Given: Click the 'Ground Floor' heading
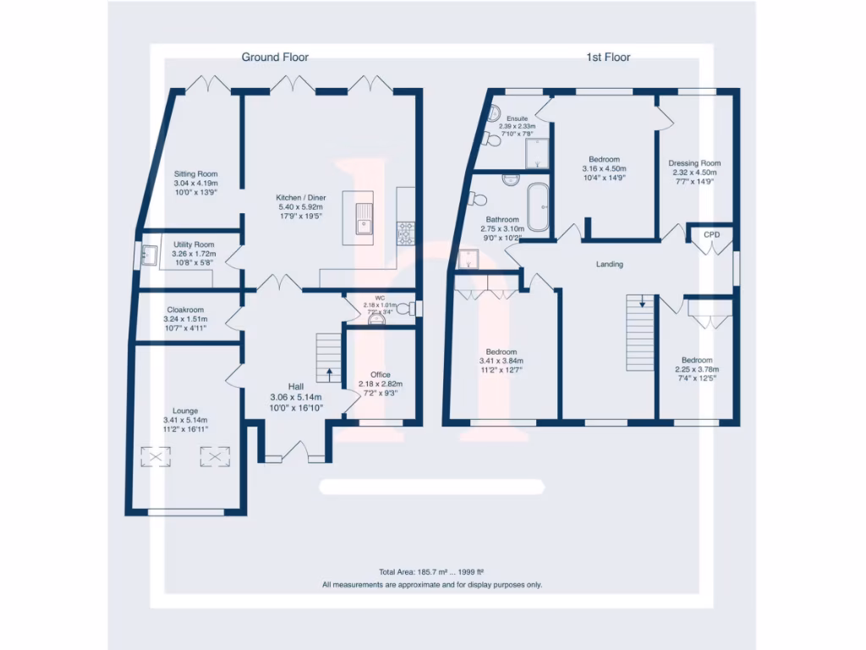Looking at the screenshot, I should [x=275, y=58].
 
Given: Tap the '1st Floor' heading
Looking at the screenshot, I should [x=608, y=58].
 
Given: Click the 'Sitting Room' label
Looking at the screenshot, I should [x=196, y=174].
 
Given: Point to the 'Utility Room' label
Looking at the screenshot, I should [x=189, y=245].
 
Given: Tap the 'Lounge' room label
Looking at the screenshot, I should [x=185, y=411].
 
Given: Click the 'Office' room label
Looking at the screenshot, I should [x=381, y=375].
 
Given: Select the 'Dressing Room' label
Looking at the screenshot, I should [x=694, y=163].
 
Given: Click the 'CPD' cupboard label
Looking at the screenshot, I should [x=711, y=234].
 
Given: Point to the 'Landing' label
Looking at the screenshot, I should [x=610, y=265].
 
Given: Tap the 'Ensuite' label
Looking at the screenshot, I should [x=517, y=118].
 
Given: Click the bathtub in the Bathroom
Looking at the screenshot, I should [x=538, y=207].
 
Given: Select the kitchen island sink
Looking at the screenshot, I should [x=365, y=222].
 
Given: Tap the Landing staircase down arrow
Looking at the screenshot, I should [x=642, y=300].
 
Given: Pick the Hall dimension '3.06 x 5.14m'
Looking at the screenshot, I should [x=296, y=397].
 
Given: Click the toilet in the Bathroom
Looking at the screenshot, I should [x=480, y=199].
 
